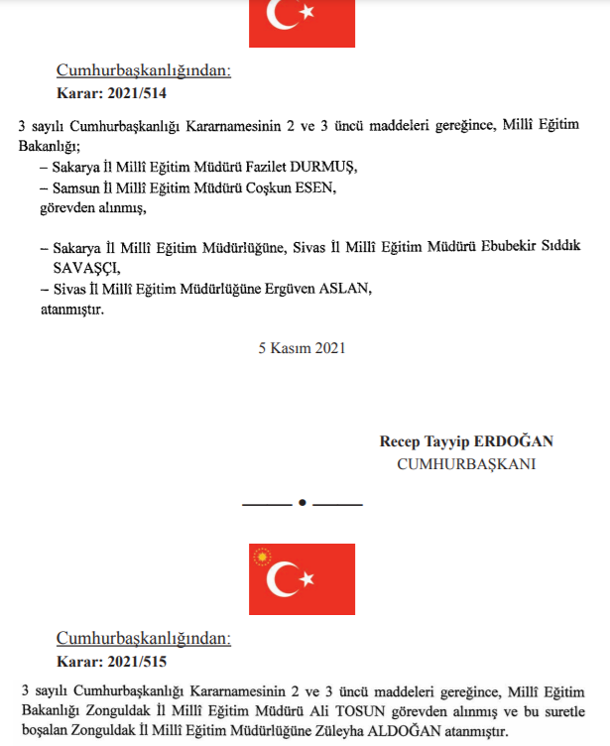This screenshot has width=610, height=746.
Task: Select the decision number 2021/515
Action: tap(136, 660)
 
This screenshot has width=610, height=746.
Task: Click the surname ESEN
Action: tap(318, 186)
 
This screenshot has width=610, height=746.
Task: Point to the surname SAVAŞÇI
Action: tap(92, 268)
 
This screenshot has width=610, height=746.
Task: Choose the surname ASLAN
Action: tap(342, 289)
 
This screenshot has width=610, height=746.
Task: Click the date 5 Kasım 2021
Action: tap(302, 348)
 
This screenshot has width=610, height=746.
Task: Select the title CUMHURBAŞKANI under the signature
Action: tap(466, 463)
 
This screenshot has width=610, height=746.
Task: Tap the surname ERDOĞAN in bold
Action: tap(512, 441)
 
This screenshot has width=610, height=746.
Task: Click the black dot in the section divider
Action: tap(302, 504)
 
